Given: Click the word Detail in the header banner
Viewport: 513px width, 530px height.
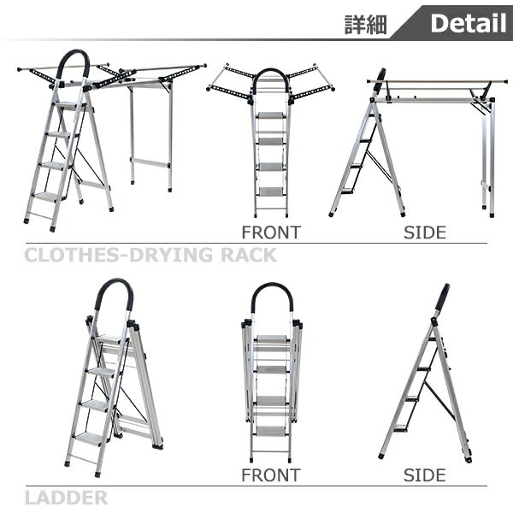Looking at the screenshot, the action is [469, 23].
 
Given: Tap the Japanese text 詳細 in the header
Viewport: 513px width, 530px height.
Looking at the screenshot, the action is [366, 25].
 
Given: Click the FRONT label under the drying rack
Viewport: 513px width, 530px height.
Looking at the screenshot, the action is [271, 233].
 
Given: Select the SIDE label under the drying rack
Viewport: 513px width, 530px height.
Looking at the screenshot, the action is [425, 233].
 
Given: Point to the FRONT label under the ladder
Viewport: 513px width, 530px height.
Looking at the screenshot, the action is [271, 475].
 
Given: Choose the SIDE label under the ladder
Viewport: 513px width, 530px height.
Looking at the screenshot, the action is [425, 475].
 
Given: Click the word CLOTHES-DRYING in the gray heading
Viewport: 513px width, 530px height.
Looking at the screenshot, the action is [118, 255].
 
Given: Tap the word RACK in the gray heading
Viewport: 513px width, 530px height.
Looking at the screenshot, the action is [249, 255].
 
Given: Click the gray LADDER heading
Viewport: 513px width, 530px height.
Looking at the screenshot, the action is [67, 498].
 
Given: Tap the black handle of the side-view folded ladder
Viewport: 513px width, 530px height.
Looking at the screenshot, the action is [442, 297].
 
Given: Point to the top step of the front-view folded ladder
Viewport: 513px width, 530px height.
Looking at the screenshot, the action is [271, 339].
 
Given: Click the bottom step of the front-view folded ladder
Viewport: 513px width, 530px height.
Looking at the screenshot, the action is [270, 431].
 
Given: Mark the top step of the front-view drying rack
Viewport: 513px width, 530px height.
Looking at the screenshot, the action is [270, 115].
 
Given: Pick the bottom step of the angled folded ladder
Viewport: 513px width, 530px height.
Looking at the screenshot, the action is [90, 439].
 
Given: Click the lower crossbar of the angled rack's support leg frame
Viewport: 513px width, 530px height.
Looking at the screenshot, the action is [150, 162].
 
